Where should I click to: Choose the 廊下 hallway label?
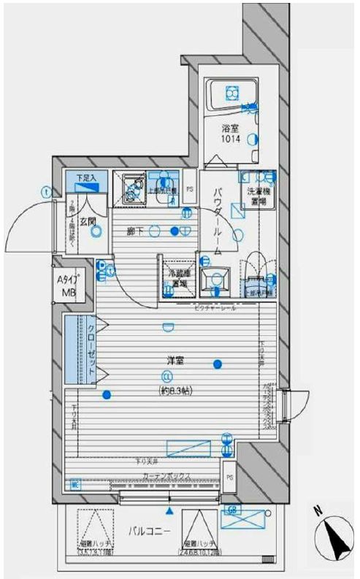coord(134,231)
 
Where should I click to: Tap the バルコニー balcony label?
coord(151,531)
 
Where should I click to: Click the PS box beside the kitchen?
coord(189,189)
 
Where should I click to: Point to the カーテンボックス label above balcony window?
coord(166,475)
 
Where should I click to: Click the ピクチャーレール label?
coord(214,309)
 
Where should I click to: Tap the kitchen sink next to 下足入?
coord(132,189)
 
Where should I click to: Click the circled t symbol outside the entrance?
coord(46,192)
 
